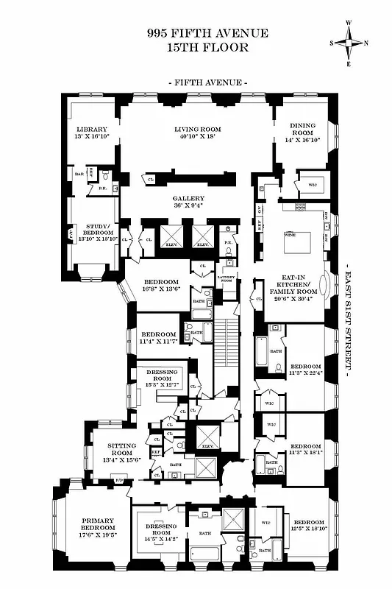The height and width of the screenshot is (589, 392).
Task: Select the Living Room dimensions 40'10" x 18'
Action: click(x=198, y=136)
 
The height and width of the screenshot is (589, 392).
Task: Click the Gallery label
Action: click(x=188, y=199)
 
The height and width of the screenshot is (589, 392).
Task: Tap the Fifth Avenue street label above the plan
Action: click(x=207, y=83)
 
